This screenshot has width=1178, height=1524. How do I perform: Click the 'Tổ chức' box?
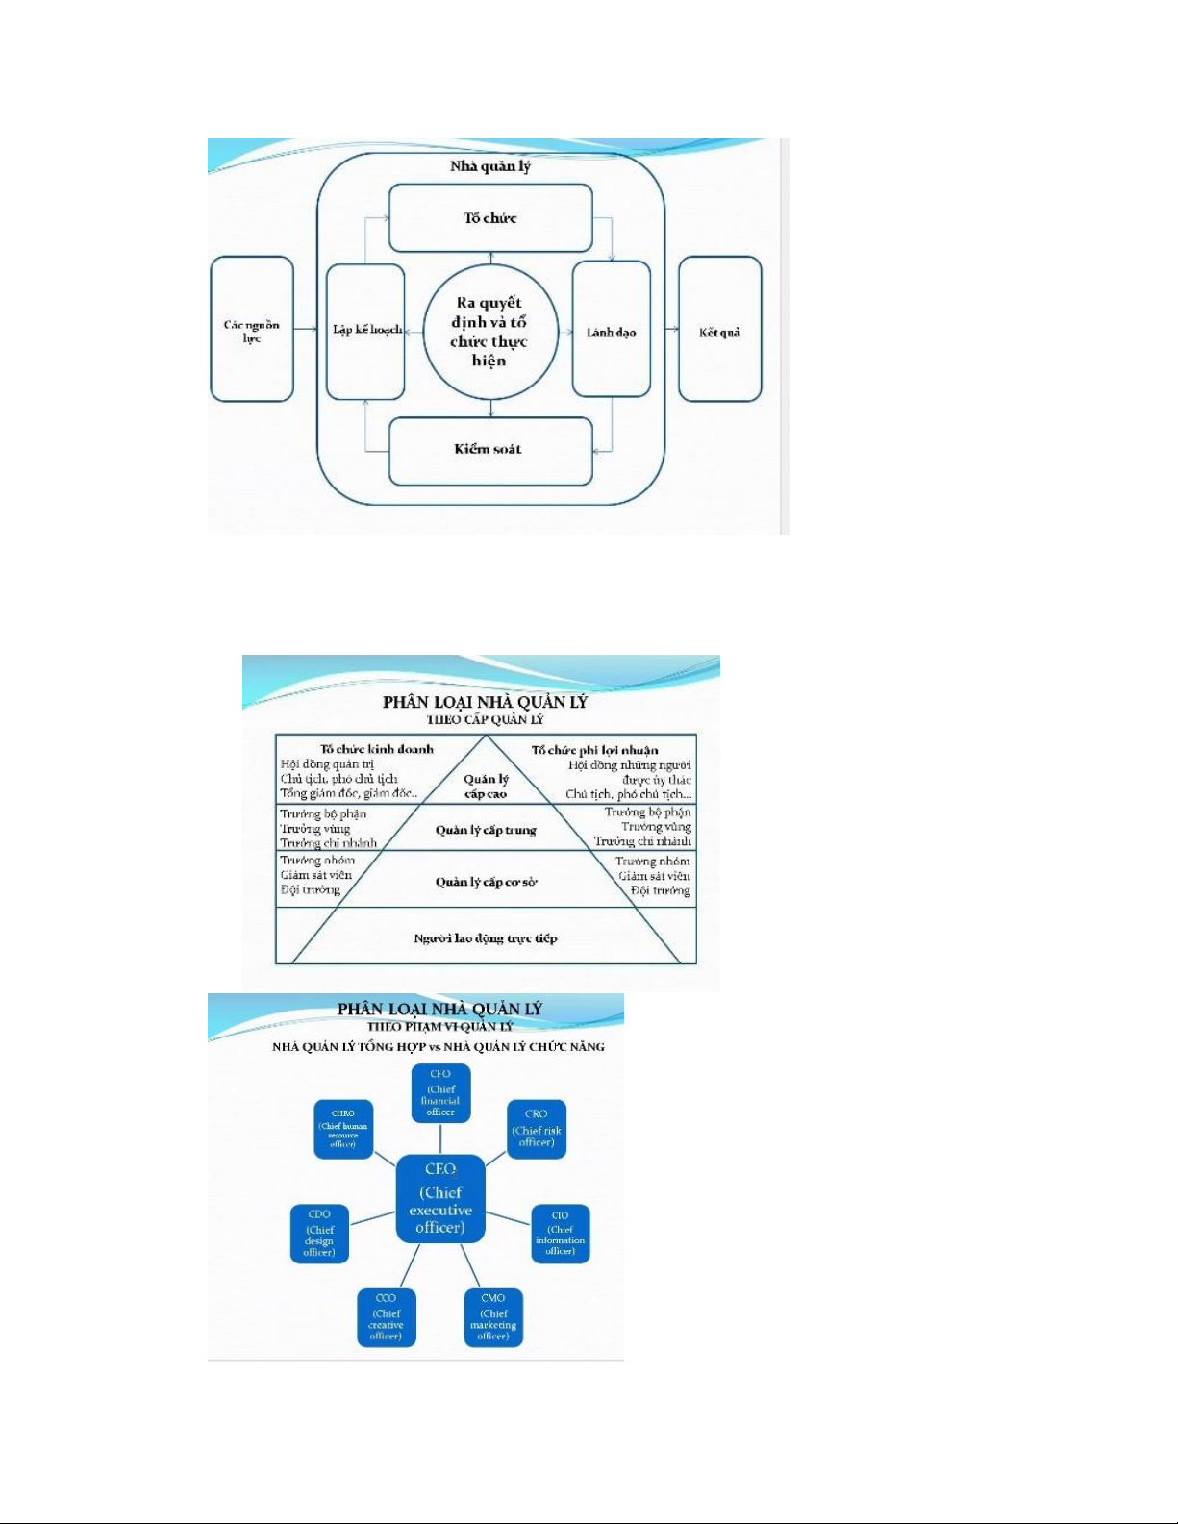click(x=490, y=218)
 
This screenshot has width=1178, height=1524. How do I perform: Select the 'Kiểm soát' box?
click(x=490, y=450)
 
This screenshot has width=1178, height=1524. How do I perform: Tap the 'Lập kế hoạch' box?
click(x=365, y=331)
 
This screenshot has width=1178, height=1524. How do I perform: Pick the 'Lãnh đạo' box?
click(x=612, y=331)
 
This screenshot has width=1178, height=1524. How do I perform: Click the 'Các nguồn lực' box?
click(x=252, y=330)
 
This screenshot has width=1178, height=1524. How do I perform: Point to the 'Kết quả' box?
click(x=719, y=331)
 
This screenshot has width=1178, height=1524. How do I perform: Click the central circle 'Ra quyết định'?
click(x=490, y=332)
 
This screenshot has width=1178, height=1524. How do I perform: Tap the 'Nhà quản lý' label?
click(x=490, y=166)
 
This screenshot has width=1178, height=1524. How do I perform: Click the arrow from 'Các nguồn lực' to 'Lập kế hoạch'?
click(x=306, y=330)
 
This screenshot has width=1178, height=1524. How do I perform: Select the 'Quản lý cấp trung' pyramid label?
click(x=486, y=830)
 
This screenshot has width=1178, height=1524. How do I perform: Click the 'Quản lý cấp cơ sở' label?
click(x=486, y=882)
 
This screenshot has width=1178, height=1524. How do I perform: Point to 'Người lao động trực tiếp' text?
click(x=486, y=938)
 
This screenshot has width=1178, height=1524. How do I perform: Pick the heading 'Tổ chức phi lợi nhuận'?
click(x=595, y=750)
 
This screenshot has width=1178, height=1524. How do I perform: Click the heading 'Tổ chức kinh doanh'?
click(x=377, y=749)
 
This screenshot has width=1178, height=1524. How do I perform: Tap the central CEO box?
click(x=440, y=1199)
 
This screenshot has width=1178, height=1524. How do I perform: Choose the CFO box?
click(x=440, y=1093)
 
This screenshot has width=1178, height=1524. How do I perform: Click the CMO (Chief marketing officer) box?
click(x=493, y=1317)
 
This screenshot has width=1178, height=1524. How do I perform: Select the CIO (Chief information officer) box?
click(x=560, y=1234)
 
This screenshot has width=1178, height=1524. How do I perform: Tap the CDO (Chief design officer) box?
click(x=319, y=1234)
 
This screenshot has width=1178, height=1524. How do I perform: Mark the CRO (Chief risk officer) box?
click(x=537, y=1129)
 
